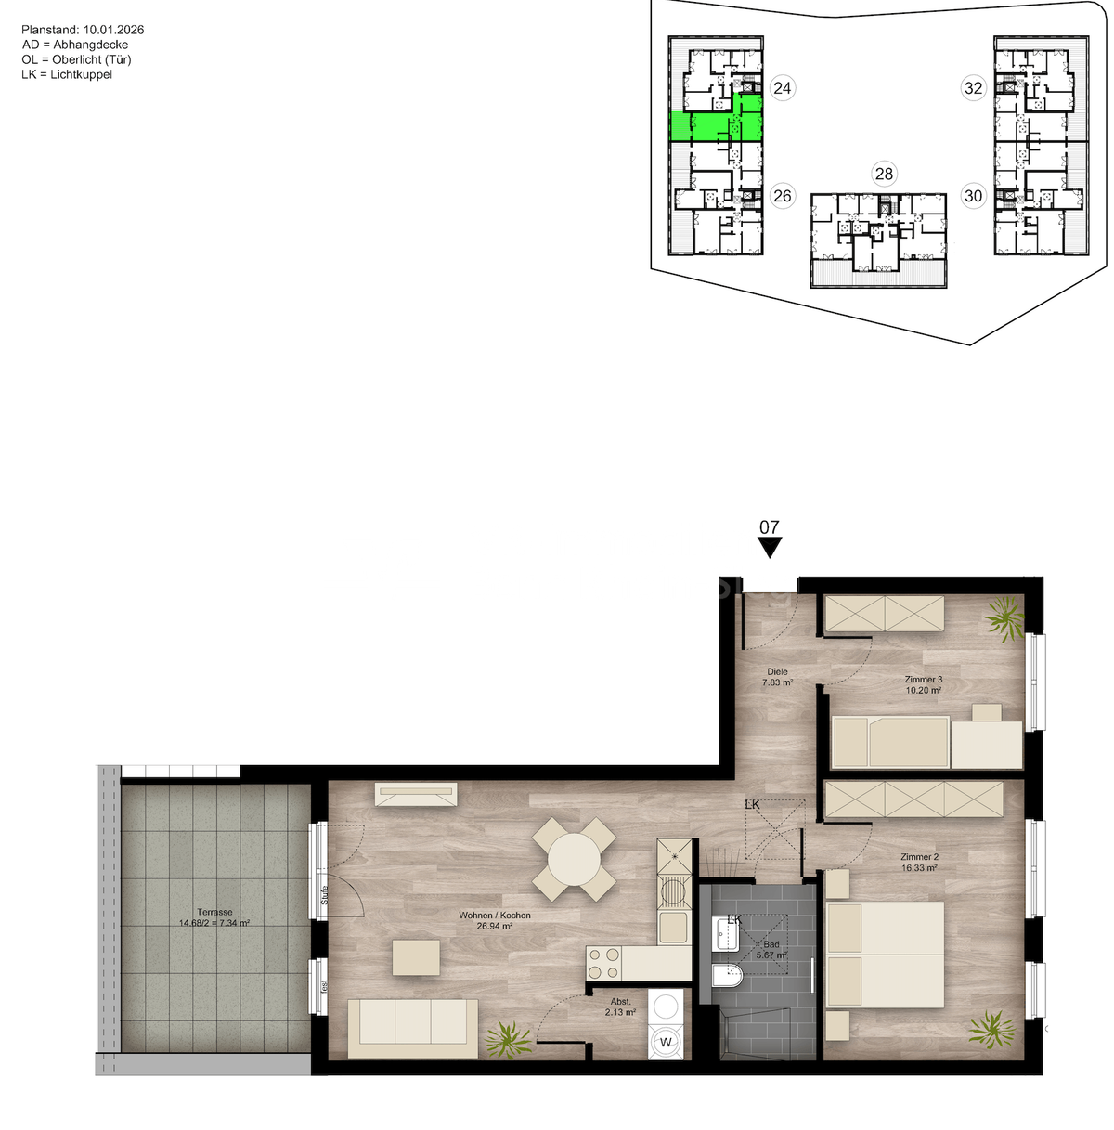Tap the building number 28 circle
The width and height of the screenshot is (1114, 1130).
tap(884, 174)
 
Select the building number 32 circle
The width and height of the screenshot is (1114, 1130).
tap(973, 88)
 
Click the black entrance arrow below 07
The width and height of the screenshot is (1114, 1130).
tap(770, 548)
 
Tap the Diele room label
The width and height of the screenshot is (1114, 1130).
tap(777, 671)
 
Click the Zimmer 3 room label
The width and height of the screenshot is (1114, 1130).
tap(923, 680)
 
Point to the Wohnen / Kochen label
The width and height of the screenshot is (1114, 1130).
tap(495, 916)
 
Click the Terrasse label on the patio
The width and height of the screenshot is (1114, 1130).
tap(214, 912)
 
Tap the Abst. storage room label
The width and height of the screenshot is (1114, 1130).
tap(620, 1001)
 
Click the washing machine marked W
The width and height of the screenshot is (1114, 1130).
tap(666, 1042)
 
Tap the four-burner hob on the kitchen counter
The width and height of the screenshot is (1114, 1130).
tap(603, 962)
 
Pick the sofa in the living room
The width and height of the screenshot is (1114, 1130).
tap(412, 1027)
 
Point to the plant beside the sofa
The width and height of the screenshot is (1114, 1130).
tap(507, 1039)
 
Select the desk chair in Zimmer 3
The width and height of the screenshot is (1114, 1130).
tap(986, 713)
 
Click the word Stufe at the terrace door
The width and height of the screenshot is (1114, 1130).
tap(324, 896)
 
